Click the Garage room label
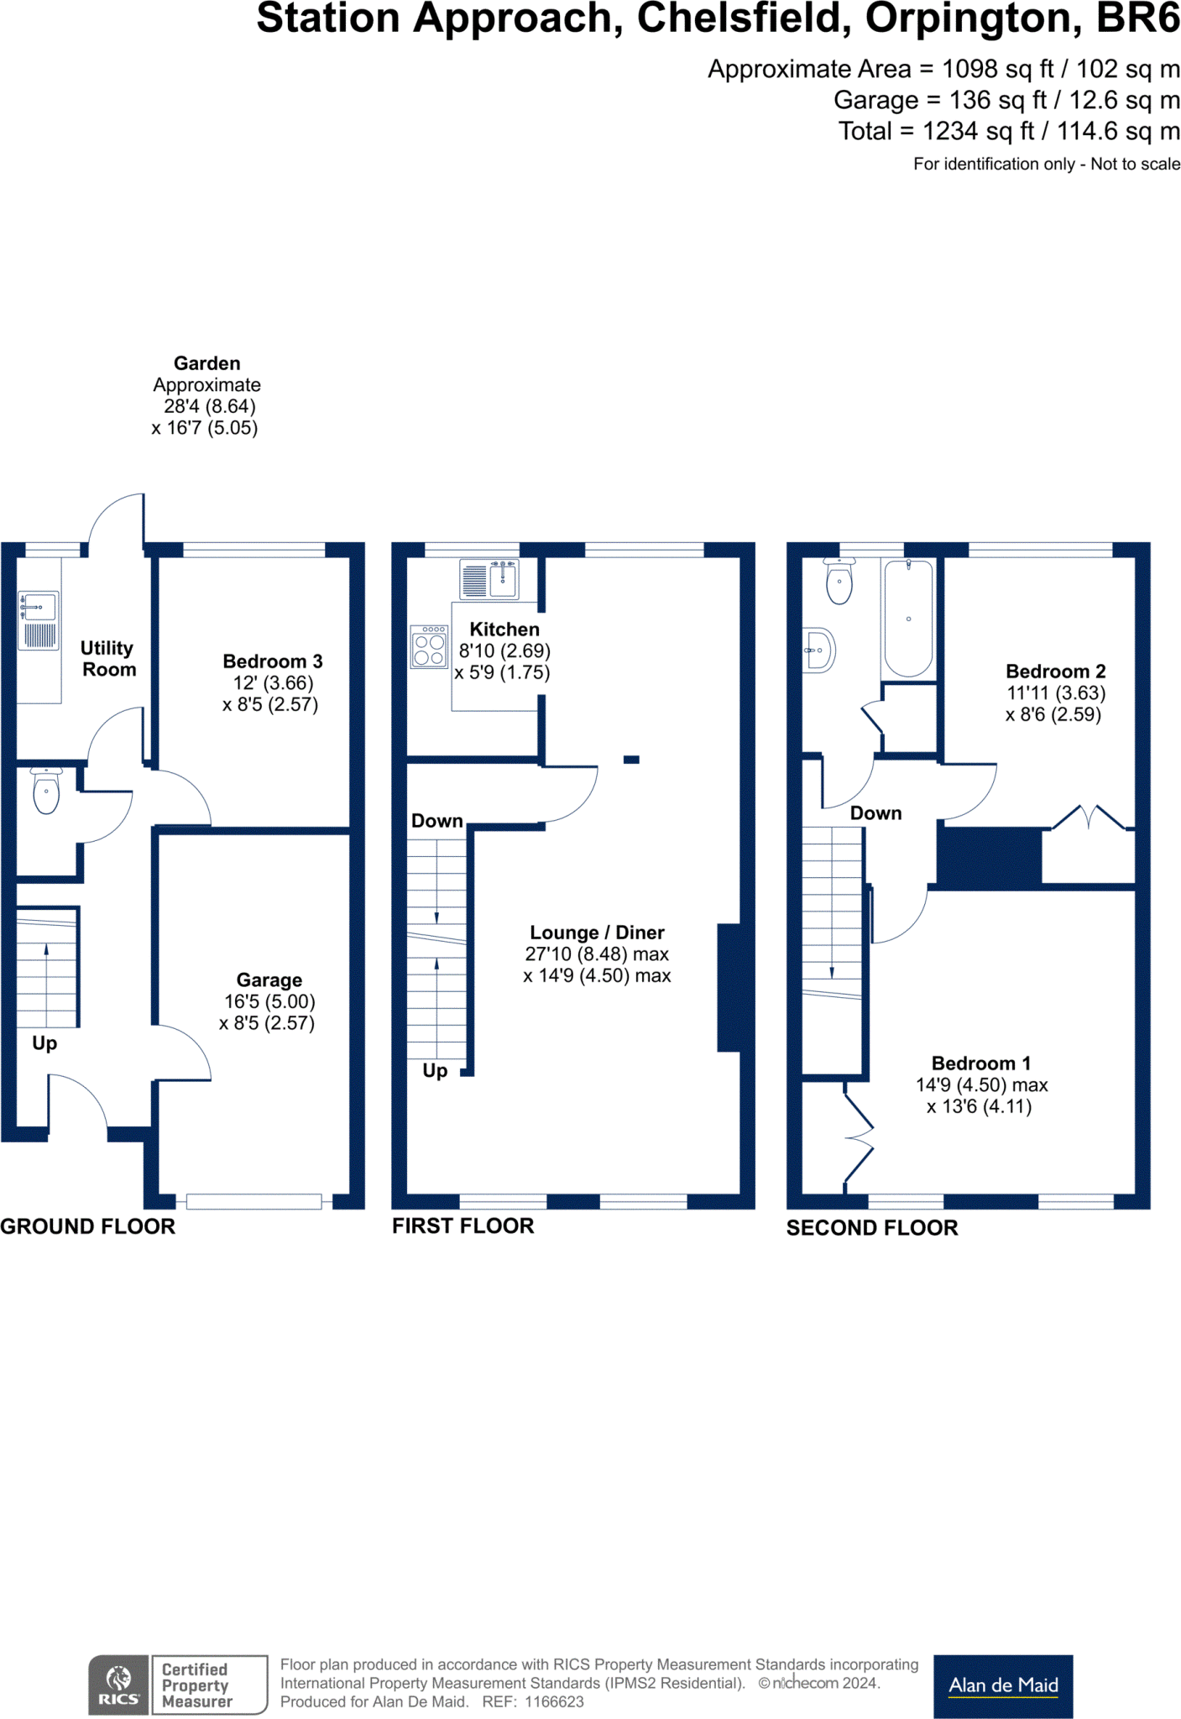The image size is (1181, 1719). coord(269,980)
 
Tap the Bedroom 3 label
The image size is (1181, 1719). coord(272,661)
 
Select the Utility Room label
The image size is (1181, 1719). coord(107,659)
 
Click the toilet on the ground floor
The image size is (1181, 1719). coord(46,791)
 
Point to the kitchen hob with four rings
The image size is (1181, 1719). coord(429,647)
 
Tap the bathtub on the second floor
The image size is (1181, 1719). coord(908,619)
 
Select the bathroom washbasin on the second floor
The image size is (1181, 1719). coord(819,651)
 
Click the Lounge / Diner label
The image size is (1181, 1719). coord(597,933)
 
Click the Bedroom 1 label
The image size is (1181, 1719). coord(981,1063)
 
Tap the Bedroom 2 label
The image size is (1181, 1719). coord(1055,671)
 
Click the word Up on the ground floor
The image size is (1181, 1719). coord(44,1043)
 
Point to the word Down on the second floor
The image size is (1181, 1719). coord(875,813)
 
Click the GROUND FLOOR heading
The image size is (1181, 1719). coord(88,1226)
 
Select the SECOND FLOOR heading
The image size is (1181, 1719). coord(872,1228)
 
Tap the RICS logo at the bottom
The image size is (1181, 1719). coord(119,1685)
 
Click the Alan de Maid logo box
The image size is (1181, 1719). coord(1003,1685)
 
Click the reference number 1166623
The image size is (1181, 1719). coord(554,1702)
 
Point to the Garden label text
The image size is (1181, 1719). coord(206,363)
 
